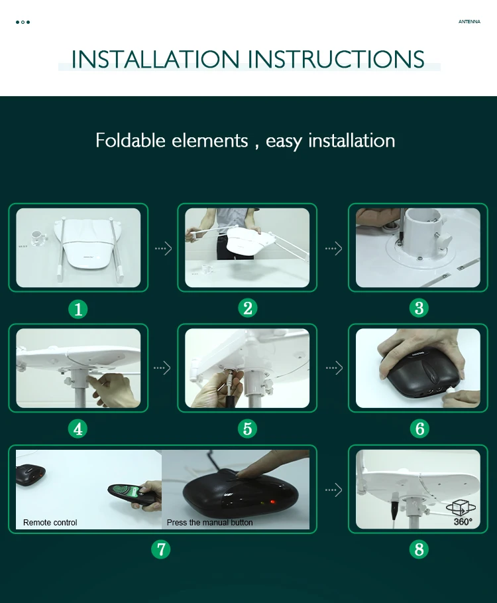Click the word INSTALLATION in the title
click(x=156, y=59)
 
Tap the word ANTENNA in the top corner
click(x=469, y=21)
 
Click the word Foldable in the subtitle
click(x=131, y=140)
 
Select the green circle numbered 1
click(x=78, y=309)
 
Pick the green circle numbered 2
click(x=248, y=308)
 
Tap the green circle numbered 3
click(x=419, y=308)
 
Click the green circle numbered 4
click(x=78, y=429)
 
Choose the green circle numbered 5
click(x=248, y=429)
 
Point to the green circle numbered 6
click(x=419, y=429)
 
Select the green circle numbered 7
click(x=161, y=549)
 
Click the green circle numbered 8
click(x=419, y=549)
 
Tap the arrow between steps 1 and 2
click(x=163, y=248)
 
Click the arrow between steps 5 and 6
click(x=334, y=368)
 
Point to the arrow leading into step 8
click(x=333, y=490)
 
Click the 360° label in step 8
click(x=463, y=522)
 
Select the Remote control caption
click(x=50, y=523)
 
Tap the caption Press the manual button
click(x=209, y=523)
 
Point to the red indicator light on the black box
click(x=273, y=502)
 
